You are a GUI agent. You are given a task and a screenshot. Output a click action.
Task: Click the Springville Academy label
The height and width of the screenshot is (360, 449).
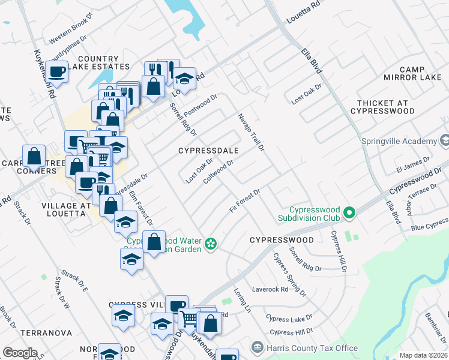[x=399, y=141]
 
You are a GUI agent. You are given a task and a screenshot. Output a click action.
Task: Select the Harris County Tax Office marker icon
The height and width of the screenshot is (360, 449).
[x=256, y=348]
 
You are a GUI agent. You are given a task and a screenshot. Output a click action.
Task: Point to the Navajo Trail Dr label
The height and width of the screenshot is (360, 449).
[x=251, y=131]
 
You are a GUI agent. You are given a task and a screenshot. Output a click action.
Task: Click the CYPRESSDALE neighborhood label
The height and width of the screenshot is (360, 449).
[x=209, y=151]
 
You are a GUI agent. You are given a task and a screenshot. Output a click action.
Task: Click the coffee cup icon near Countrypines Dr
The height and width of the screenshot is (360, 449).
[x=56, y=72]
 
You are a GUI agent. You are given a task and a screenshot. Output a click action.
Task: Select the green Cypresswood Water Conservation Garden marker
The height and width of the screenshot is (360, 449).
[x=210, y=243]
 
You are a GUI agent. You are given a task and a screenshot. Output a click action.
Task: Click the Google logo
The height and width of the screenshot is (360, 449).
[x=20, y=352]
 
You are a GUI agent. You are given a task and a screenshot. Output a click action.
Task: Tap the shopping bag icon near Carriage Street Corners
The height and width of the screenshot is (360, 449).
[x=34, y=155]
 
